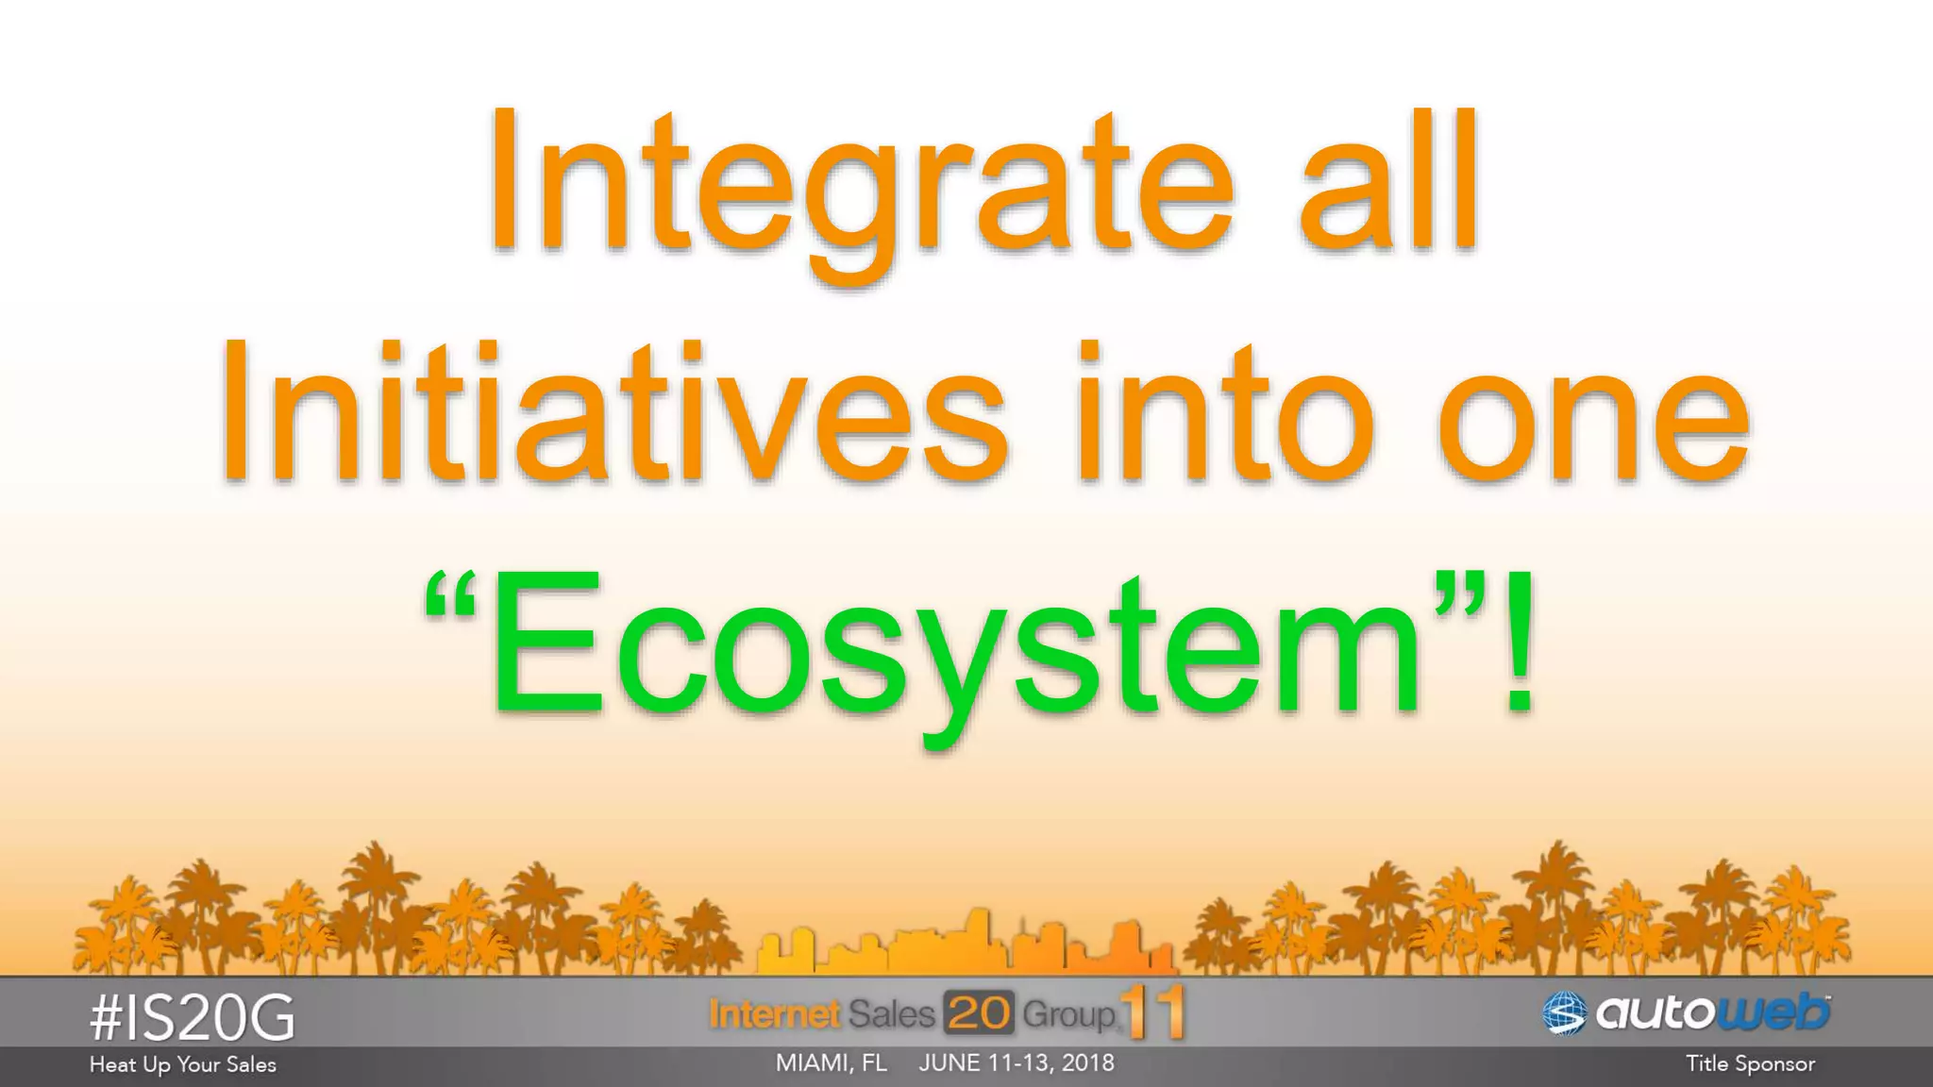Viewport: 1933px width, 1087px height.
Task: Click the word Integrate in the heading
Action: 859,184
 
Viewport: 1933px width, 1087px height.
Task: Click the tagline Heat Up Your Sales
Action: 182,1064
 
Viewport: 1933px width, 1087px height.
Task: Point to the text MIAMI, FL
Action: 831,1063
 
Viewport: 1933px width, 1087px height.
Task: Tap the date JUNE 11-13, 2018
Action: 1017,1063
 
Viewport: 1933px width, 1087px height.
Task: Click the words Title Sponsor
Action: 1750,1064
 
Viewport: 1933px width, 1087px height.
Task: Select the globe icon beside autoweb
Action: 1565,1014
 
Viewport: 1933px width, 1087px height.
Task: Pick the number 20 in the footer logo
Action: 979,1013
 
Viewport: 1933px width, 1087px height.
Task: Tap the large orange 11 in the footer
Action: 1153,1013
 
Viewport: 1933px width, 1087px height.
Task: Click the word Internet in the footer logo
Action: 774,1014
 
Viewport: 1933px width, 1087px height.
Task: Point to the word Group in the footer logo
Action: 1067,1015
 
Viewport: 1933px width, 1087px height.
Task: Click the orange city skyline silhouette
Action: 967,944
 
